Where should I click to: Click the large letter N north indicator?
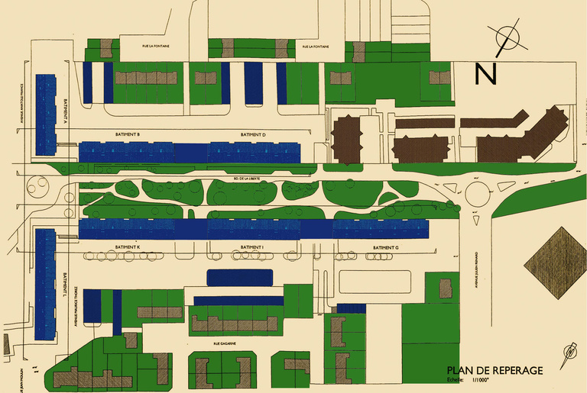point(486,74)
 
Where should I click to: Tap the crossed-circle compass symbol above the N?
point(508,38)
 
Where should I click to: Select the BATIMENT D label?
point(252,134)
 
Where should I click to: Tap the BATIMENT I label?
point(252,248)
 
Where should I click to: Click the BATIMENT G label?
point(386,248)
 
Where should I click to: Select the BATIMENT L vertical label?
point(66,286)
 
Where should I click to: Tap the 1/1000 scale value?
point(482,379)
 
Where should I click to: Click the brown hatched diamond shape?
point(555,259)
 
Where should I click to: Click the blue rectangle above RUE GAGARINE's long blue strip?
point(240,278)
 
